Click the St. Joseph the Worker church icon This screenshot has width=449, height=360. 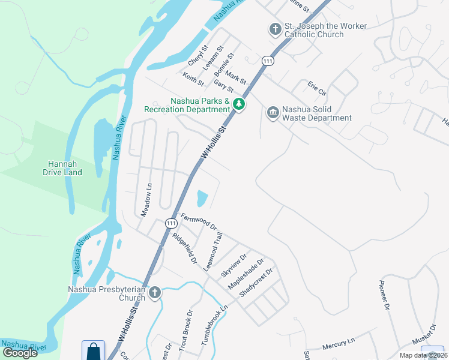(275, 29)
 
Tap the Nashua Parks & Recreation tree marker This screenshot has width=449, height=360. (239, 105)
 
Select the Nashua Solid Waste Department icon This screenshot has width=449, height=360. (273, 113)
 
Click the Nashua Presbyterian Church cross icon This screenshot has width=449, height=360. (155, 292)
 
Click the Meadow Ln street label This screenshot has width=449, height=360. (145, 200)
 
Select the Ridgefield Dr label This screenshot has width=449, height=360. (184, 248)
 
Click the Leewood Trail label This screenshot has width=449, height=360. (208, 253)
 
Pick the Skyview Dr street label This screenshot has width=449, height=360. (230, 265)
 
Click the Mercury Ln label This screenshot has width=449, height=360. (339, 344)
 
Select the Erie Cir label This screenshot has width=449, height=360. (316, 88)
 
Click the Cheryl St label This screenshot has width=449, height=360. (197, 55)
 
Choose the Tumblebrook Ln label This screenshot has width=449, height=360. (215, 325)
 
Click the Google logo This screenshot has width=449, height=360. (20, 352)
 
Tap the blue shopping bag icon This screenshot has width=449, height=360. (93, 351)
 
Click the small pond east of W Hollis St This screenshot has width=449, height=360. (202, 197)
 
